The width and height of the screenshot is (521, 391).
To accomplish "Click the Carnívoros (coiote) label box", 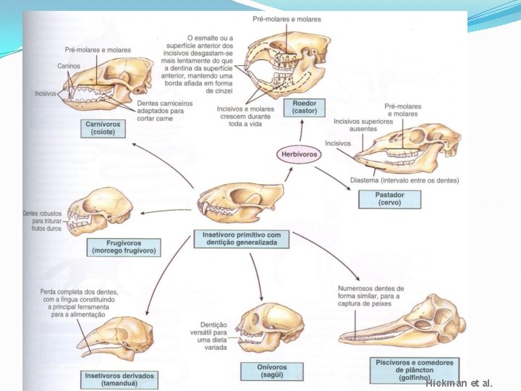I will coord(103,129).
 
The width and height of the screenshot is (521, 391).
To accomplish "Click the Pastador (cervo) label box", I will coord(389,198).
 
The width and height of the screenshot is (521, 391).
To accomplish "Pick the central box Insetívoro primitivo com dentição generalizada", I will coord(241,239).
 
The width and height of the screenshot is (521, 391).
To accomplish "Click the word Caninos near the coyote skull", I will coord(70,66).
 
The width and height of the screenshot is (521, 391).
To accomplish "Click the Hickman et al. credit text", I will coord(459,383).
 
